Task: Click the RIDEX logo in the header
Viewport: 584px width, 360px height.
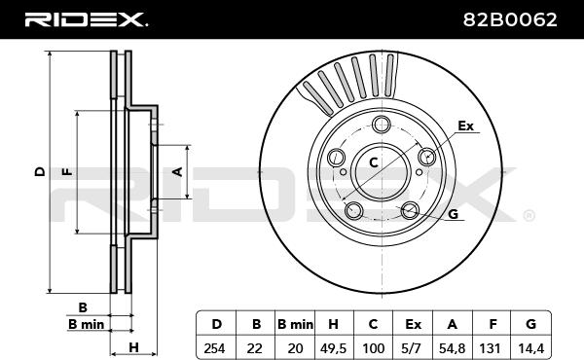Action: tap(86, 19)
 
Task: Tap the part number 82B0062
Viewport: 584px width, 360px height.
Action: tap(510, 19)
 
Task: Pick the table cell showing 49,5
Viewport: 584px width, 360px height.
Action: tap(333, 348)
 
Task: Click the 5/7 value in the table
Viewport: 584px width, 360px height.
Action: tap(413, 348)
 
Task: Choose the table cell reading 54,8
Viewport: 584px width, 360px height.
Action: tap(453, 348)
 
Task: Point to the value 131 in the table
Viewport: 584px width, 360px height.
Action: tap(492, 348)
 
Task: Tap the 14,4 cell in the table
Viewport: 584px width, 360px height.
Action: tap(531, 348)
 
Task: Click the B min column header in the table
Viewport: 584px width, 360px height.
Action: tap(295, 324)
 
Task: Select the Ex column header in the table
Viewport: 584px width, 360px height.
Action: tap(413, 324)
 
